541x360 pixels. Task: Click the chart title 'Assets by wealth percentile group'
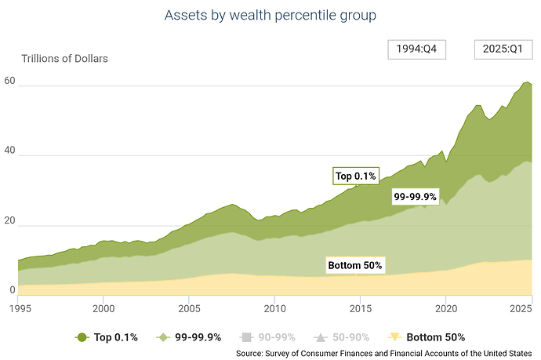click(270, 15)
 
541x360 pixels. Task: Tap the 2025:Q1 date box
click(502, 49)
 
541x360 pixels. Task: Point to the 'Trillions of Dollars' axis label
click(64, 58)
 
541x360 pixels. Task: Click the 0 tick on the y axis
click(12, 290)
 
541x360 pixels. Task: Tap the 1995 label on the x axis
click(18, 308)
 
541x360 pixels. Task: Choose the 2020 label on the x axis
click(445, 308)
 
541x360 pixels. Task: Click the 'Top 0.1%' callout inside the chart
click(356, 176)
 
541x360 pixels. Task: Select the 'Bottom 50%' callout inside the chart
click(354, 265)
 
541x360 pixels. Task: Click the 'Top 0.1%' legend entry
click(107, 337)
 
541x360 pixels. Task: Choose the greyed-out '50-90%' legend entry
click(343, 337)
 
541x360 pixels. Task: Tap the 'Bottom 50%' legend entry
click(424, 337)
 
